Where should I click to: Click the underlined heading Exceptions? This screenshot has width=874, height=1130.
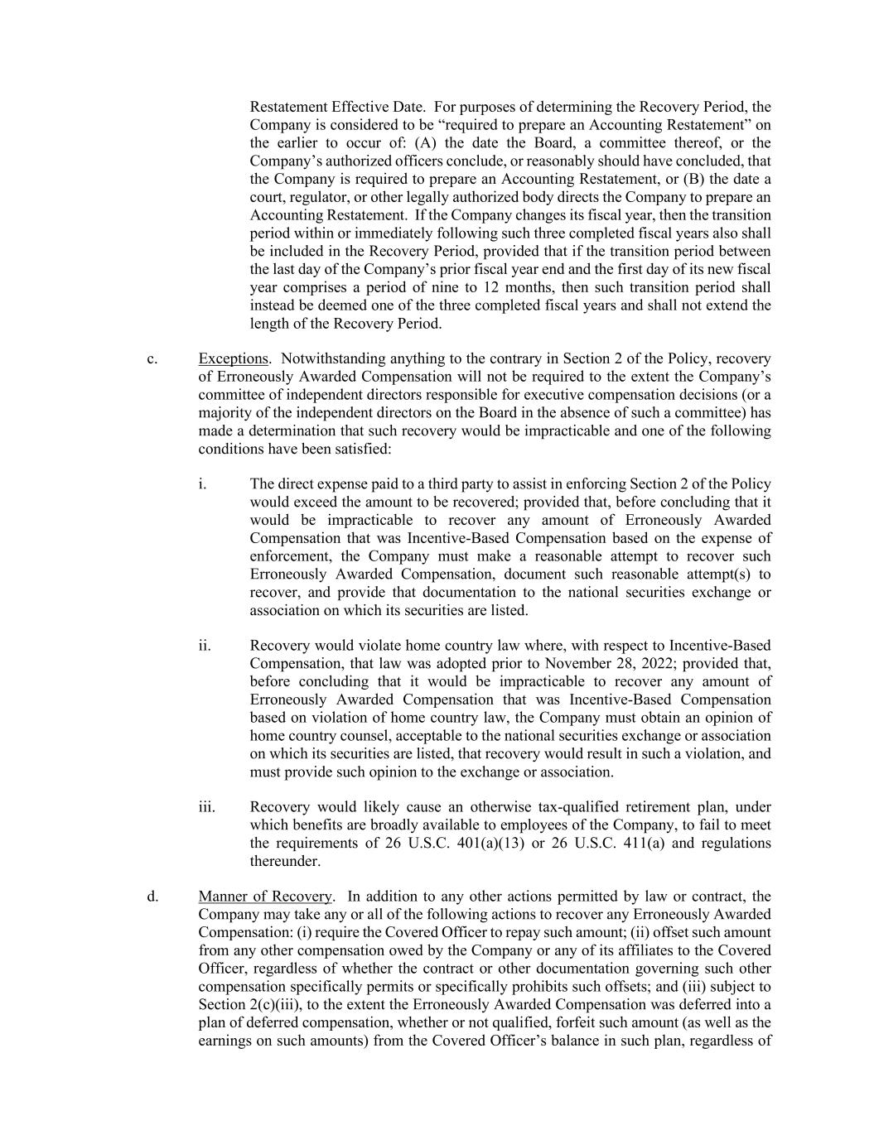(x=233, y=358)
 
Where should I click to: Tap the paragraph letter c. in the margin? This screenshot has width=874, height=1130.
(x=152, y=358)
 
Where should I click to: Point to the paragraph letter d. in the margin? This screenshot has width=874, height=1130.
(x=152, y=897)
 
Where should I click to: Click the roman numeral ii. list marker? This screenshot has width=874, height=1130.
(x=204, y=646)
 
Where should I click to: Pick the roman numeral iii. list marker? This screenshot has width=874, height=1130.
(x=206, y=807)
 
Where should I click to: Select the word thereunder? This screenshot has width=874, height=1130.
(x=284, y=862)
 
